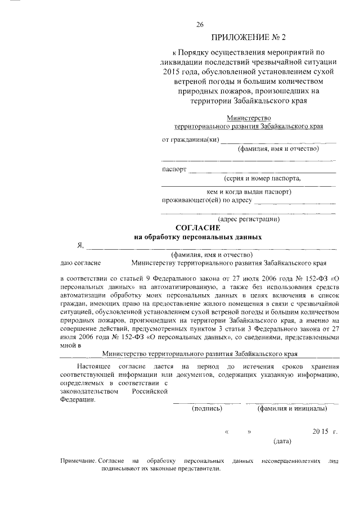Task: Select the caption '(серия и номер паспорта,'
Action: [x=262, y=178]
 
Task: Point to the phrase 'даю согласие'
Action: [x=80, y=263]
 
